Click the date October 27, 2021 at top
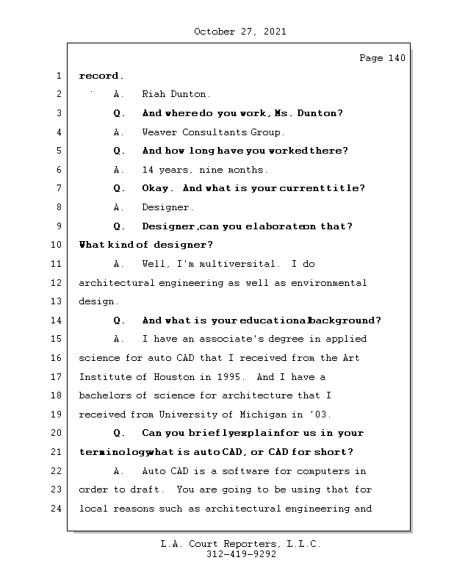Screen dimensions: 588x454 click(240, 32)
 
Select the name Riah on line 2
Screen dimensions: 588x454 click(154, 94)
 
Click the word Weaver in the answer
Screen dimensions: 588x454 click(160, 132)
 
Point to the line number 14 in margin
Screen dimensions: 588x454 click(57, 320)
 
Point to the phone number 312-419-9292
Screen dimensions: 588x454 click(240, 555)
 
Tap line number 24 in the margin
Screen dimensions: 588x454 click(57, 509)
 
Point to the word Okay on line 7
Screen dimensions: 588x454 click(156, 188)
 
